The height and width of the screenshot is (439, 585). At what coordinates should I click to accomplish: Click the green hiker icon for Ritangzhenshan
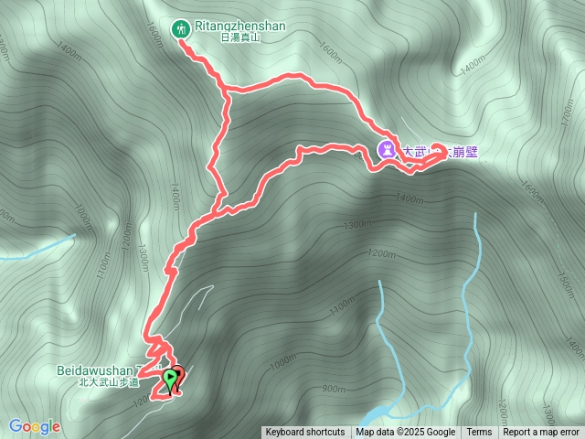(182, 28)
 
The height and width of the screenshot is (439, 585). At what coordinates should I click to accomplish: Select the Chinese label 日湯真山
(240, 38)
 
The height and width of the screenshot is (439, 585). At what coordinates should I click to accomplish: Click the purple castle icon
(388, 151)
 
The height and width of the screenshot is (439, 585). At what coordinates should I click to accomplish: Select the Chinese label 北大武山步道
(108, 383)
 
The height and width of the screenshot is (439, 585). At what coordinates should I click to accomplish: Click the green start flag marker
(170, 378)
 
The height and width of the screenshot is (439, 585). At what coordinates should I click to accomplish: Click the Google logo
(35, 426)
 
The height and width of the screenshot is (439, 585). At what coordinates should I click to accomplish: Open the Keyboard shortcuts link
(305, 433)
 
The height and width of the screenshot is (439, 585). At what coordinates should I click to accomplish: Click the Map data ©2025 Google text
(406, 433)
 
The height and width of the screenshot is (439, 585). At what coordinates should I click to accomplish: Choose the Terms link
(479, 433)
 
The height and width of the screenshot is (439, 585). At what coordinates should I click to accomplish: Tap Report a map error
(541, 433)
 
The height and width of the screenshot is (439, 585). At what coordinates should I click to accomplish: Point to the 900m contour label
(334, 388)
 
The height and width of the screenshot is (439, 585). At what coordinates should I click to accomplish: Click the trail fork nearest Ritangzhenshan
(225, 91)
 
